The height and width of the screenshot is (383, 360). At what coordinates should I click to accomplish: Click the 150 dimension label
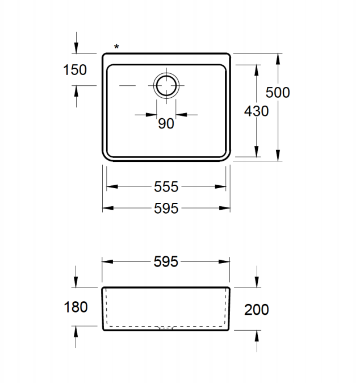[x=75, y=70]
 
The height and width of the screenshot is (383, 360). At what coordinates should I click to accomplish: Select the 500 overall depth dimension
[x=278, y=92]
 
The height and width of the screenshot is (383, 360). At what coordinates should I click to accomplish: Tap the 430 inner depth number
[x=256, y=111]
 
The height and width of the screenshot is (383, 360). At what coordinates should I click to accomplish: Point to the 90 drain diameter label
[x=166, y=123]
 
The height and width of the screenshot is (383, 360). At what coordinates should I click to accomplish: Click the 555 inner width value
[x=166, y=186]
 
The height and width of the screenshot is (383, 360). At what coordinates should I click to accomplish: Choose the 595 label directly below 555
[x=166, y=209]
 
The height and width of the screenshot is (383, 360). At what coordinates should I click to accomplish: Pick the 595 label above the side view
[x=166, y=261]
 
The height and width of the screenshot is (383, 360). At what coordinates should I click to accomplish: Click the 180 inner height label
[x=76, y=307]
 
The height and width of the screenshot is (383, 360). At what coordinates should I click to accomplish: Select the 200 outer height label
[x=256, y=309]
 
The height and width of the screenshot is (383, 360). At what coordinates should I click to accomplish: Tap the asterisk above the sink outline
[x=116, y=47]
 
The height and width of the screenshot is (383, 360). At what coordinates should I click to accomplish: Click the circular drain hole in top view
[x=166, y=86]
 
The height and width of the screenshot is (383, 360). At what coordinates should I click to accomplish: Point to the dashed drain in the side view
[x=165, y=328]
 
